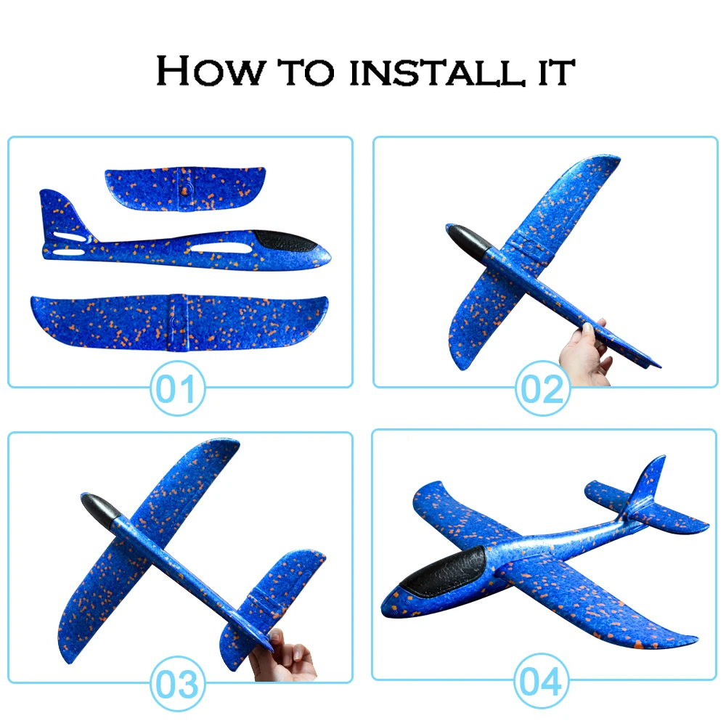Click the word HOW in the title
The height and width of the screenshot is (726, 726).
(211, 71)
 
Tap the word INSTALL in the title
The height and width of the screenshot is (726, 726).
(438, 72)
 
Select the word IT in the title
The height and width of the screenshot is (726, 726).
(557, 72)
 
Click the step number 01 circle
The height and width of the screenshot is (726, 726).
(178, 388)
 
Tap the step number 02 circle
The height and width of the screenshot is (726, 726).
(542, 388)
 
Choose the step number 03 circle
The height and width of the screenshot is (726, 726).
(178, 683)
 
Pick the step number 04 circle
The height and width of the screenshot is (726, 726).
(542, 681)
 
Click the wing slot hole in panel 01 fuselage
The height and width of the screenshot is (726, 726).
(221, 248)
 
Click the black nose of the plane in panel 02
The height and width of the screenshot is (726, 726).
(467, 237)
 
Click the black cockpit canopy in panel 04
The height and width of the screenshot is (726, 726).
(443, 571)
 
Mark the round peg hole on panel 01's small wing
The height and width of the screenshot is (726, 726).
(186, 189)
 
